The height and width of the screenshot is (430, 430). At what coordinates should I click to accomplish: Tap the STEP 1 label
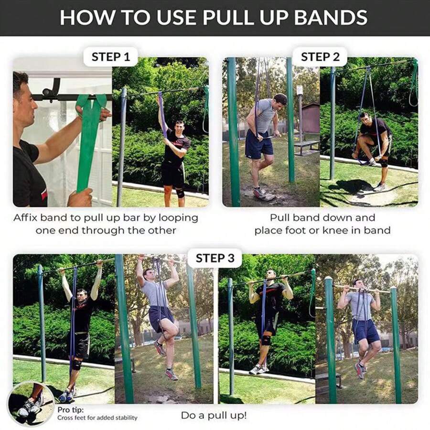tap(110, 57)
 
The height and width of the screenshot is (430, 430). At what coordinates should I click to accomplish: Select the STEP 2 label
tap(320, 57)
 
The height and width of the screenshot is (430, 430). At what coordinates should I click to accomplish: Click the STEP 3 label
tap(215, 258)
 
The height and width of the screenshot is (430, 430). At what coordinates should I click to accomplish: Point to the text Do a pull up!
tap(214, 415)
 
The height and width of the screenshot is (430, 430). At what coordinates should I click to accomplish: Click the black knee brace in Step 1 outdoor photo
tap(180, 193)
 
